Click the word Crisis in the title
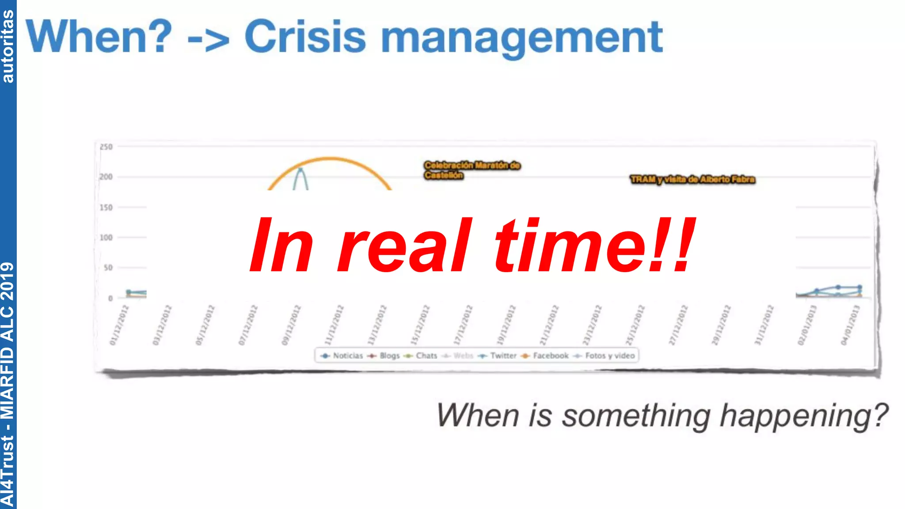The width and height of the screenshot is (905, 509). pyautogui.click(x=305, y=37)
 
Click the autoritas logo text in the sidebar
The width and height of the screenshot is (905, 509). pyautogui.click(x=8, y=46)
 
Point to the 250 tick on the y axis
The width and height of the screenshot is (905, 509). pyautogui.click(x=106, y=147)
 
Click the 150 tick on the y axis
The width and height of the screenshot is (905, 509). pyautogui.click(x=106, y=207)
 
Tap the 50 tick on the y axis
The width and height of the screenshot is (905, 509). pyautogui.click(x=108, y=268)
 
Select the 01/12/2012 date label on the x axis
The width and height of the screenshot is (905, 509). pyautogui.click(x=119, y=325)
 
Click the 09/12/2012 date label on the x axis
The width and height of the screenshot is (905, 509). pyautogui.click(x=291, y=325)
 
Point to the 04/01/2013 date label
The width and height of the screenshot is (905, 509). pyautogui.click(x=850, y=325)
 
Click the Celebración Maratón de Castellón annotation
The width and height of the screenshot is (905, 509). pyautogui.click(x=472, y=170)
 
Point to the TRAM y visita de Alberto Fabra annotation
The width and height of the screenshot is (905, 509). pyautogui.click(x=692, y=179)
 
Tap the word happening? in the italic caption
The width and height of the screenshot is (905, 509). pyautogui.click(x=803, y=416)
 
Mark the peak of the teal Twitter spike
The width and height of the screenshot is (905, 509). pyautogui.click(x=301, y=169)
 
